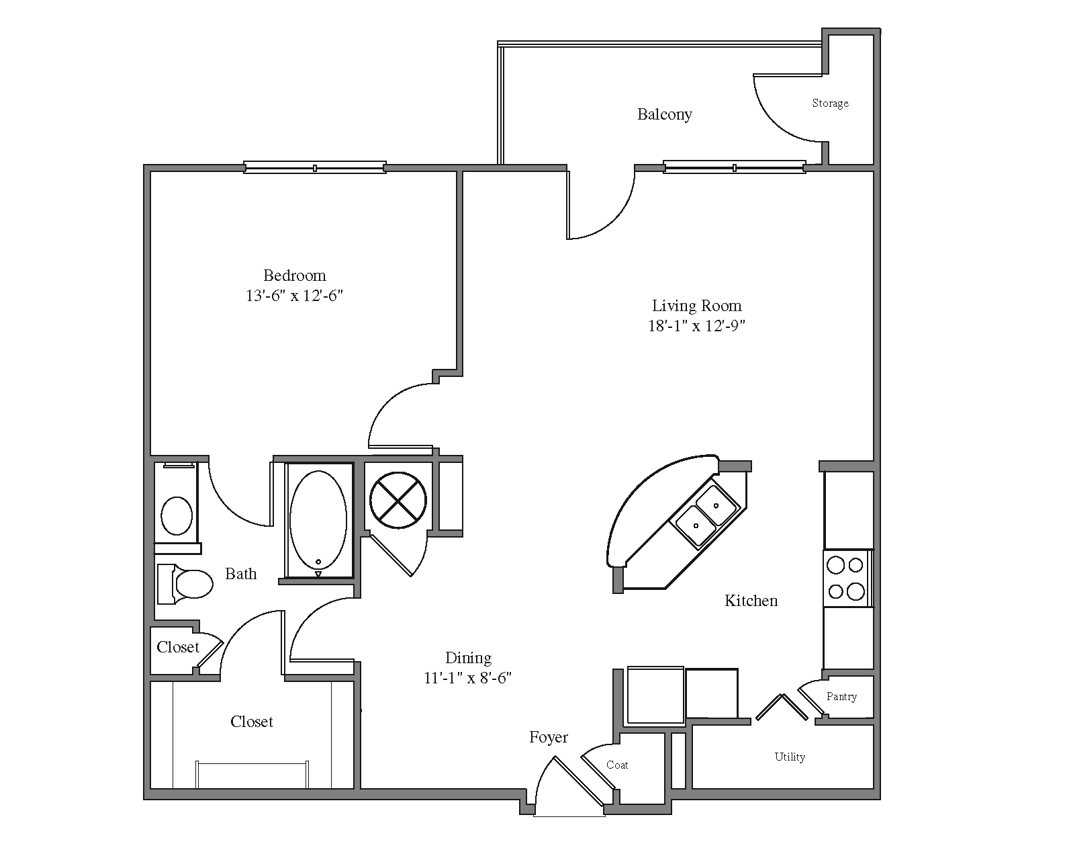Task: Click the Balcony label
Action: tap(664, 114)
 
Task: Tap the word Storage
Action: tap(830, 103)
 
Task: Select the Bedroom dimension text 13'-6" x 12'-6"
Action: tap(295, 296)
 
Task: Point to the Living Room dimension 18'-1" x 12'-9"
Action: tap(696, 326)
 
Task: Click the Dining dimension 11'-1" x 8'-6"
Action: tap(467, 678)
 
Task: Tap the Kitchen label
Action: tap(751, 601)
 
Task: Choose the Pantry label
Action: tap(841, 697)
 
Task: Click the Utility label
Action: tap(789, 757)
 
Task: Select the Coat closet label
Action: tap(616, 765)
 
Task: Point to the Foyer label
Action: tap(548, 738)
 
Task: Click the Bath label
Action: tap(240, 574)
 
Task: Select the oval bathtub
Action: tap(318, 519)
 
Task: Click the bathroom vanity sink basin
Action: tap(177, 515)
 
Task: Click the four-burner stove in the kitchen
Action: tap(846, 578)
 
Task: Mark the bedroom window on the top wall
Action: tap(314, 167)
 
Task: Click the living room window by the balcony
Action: tap(734, 167)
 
